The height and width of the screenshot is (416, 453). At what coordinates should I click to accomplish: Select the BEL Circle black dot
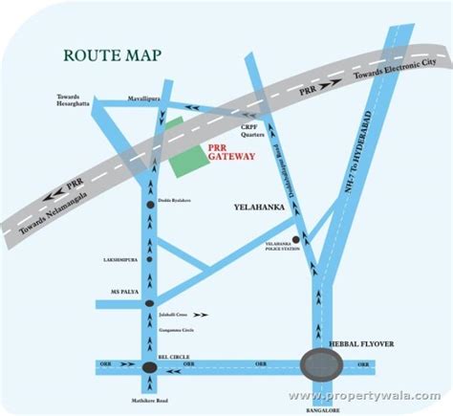point(149,366)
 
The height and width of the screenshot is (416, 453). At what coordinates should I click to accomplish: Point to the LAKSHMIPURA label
point(123,258)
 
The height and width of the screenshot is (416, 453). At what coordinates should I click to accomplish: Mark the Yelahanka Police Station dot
point(296,240)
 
